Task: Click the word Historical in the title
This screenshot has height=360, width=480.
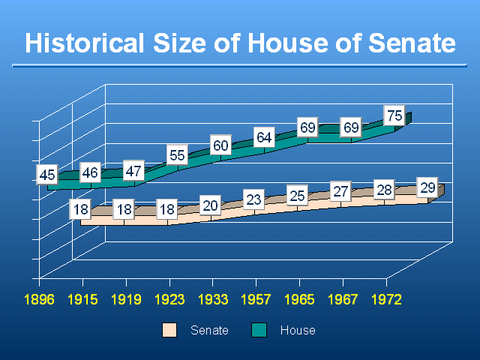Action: (x=85, y=43)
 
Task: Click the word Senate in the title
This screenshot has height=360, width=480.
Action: (x=412, y=43)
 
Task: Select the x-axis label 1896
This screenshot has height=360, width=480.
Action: (x=39, y=299)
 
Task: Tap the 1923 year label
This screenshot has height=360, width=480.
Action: (x=169, y=299)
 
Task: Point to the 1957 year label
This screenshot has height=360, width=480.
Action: (x=256, y=299)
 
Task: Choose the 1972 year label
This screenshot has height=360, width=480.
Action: (x=386, y=299)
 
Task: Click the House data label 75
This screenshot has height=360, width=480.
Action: (x=394, y=115)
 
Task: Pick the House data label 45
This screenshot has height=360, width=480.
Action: (x=47, y=175)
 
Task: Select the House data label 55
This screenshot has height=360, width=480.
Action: (x=177, y=155)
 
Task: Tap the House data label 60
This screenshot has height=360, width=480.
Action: (x=220, y=145)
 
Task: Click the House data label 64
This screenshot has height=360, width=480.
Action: (x=264, y=137)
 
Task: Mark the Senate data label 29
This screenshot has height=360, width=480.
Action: (x=427, y=187)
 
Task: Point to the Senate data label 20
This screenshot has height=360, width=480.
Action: (x=210, y=205)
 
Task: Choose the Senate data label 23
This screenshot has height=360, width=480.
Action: (x=253, y=199)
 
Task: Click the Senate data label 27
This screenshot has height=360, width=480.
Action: (x=340, y=192)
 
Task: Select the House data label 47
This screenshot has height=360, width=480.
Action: (x=133, y=171)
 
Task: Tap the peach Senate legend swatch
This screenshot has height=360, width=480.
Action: (x=169, y=330)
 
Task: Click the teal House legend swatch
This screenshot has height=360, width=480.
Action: (x=259, y=330)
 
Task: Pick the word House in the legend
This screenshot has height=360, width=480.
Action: (x=298, y=330)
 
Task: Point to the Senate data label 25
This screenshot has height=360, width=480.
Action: (x=297, y=196)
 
